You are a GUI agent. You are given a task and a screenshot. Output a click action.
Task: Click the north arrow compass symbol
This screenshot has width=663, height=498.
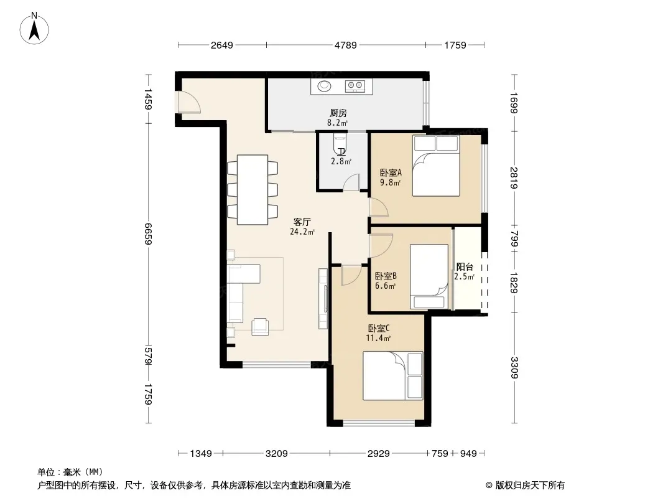[34, 29]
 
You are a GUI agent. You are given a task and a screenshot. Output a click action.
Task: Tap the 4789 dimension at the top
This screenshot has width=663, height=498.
[345, 45]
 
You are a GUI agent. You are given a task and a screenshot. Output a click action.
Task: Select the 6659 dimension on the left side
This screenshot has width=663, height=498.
[147, 233]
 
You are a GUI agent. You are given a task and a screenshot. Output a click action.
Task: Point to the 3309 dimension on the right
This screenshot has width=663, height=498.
[514, 368]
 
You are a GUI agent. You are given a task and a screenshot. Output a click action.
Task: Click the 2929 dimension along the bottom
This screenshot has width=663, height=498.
[378, 454]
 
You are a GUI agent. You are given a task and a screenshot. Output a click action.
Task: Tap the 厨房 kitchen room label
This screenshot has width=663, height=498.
[338, 113]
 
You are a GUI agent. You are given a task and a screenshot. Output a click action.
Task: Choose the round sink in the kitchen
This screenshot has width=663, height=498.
[324, 86]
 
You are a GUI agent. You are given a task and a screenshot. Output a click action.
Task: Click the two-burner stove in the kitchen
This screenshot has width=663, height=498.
[355, 87]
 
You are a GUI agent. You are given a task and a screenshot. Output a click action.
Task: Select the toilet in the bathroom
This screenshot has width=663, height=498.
[340, 144]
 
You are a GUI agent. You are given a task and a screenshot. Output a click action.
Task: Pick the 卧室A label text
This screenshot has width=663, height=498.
[391, 172]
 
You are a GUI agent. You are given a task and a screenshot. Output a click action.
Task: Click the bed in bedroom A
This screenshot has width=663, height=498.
[436, 166]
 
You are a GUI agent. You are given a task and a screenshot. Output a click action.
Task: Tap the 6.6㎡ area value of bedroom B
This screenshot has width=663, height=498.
[385, 286]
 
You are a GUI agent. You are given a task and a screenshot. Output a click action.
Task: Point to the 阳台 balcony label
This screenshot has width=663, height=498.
[465, 267]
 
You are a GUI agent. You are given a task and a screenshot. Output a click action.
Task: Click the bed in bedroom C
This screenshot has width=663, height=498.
[393, 375]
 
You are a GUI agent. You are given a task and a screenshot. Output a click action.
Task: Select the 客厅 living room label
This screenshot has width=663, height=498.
[302, 222]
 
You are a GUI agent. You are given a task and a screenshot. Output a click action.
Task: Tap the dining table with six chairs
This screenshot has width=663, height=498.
[253, 190]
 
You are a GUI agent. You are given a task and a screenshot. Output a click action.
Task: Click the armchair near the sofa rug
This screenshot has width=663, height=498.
[260, 327]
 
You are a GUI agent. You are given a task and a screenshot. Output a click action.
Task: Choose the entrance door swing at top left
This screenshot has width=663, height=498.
[189, 102]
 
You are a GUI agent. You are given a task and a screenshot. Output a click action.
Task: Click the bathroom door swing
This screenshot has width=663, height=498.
[351, 182]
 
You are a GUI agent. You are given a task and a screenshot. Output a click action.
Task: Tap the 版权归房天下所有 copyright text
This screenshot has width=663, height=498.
[529, 486]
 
